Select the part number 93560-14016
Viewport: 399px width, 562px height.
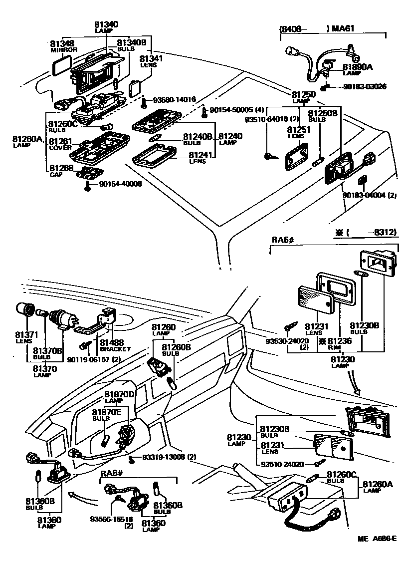point(174,99)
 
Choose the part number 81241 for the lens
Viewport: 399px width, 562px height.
point(199,155)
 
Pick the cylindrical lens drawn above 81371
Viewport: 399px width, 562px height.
point(24,311)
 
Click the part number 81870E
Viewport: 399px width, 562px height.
point(106,412)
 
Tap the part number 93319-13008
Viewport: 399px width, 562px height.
point(164,457)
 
